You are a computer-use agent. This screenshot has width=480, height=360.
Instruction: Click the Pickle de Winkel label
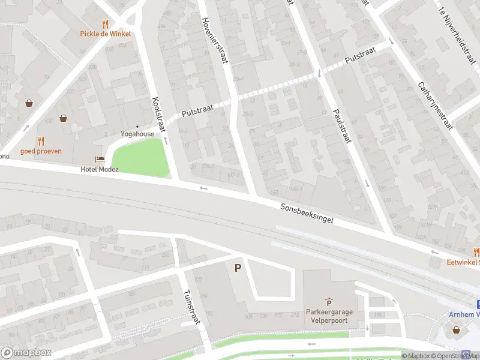(106, 34)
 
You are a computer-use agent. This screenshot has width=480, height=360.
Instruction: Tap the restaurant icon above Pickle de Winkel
(106, 24)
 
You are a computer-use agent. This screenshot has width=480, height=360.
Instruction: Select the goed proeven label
(41, 151)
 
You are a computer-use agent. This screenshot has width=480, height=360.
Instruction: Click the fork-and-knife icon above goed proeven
(41, 141)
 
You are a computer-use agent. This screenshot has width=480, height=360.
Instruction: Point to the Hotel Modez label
(100, 169)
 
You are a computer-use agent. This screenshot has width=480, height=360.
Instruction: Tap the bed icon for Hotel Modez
(100, 159)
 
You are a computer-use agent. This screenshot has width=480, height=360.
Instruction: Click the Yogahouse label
(137, 134)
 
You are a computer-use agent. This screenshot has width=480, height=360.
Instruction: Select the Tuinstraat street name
(190, 307)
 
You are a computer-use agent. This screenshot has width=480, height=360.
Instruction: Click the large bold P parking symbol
(238, 268)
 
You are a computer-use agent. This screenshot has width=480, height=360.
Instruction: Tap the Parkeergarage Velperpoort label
(328, 316)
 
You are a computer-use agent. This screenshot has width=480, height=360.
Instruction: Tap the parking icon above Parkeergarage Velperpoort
(328, 302)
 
